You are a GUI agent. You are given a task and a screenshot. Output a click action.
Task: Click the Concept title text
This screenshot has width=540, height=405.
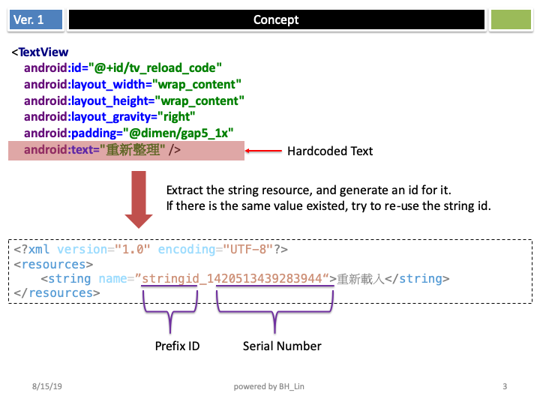pos(276,20)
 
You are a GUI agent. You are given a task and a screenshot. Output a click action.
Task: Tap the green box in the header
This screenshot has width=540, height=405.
pos(510,20)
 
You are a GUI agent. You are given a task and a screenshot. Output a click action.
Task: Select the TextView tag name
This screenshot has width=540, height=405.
pos(43,52)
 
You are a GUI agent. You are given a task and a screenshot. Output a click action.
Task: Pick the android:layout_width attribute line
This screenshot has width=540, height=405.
pos(133,84)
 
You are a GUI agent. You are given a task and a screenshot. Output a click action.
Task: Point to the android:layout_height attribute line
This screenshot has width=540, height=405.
pos(134,100)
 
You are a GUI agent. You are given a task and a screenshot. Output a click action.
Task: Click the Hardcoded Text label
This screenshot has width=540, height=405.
pos(330,151)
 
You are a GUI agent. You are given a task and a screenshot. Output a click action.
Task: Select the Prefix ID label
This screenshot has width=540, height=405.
pos(177,346)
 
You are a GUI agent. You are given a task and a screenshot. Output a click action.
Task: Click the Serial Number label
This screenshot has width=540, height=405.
pos(282,346)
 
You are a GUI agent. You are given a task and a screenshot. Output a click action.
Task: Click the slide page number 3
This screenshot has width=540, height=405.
pos(505,386)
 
